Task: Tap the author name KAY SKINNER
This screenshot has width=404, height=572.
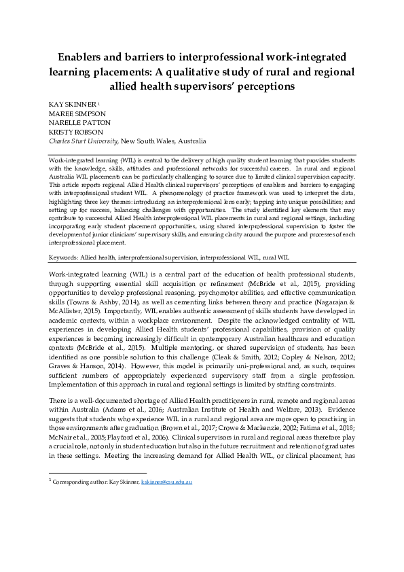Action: coord(73,103)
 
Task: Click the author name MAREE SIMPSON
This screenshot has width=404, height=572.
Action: coord(77,113)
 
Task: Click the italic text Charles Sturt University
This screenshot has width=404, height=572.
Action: coord(84,141)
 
